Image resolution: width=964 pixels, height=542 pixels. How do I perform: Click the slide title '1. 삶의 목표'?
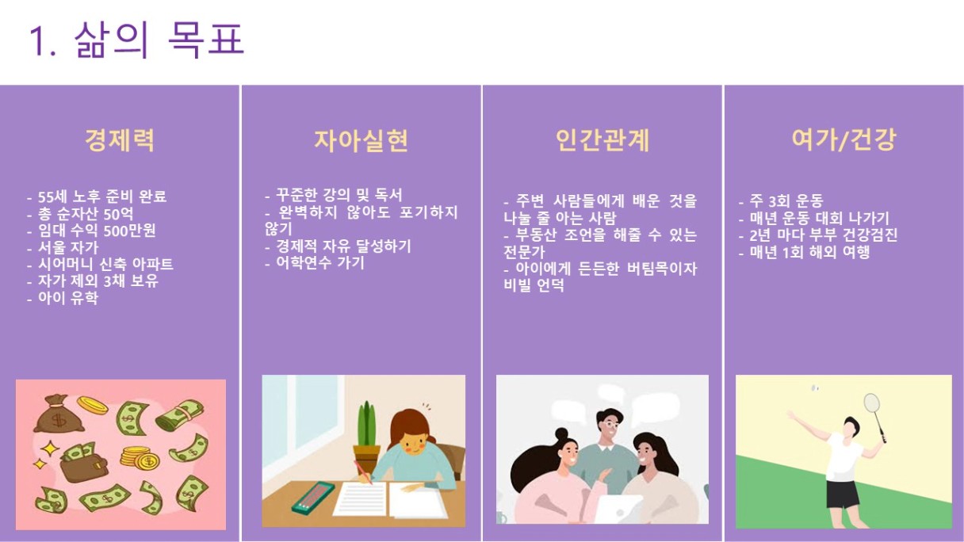click(x=137, y=40)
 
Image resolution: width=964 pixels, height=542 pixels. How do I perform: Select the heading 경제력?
click(x=120, y=140)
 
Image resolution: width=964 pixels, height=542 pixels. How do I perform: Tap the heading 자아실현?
click(x=361, y=140)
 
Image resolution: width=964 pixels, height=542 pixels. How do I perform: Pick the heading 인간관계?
click(x=602, y=140)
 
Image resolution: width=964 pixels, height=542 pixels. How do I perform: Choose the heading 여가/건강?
click(x=844, y=139)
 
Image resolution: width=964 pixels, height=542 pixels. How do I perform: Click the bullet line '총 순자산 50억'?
click(x=85, y=214)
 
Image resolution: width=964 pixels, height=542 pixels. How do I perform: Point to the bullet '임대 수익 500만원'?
click(x=97, y=231)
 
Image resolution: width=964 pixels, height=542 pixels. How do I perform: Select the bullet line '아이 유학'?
click(x=68, y=298)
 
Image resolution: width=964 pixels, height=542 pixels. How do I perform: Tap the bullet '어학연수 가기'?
click(x=320, y=262)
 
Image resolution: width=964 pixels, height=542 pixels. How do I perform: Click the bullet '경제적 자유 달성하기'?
click(x=343, y=246)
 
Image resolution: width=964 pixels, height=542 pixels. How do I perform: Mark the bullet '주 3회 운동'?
click(x=786, y=200)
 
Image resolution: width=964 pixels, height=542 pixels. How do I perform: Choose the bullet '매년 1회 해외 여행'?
click(x=810, y=252)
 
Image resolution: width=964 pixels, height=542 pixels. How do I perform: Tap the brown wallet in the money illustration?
click(x=83, y=467)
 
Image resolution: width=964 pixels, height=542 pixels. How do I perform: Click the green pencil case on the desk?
click(x=312, y=498)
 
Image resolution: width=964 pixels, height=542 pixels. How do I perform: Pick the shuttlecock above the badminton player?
click(x=814, y=388)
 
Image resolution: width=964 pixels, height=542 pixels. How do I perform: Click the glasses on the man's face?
click(x=610, y=425)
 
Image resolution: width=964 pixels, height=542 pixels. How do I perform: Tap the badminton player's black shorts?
click(x=843, y=494)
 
